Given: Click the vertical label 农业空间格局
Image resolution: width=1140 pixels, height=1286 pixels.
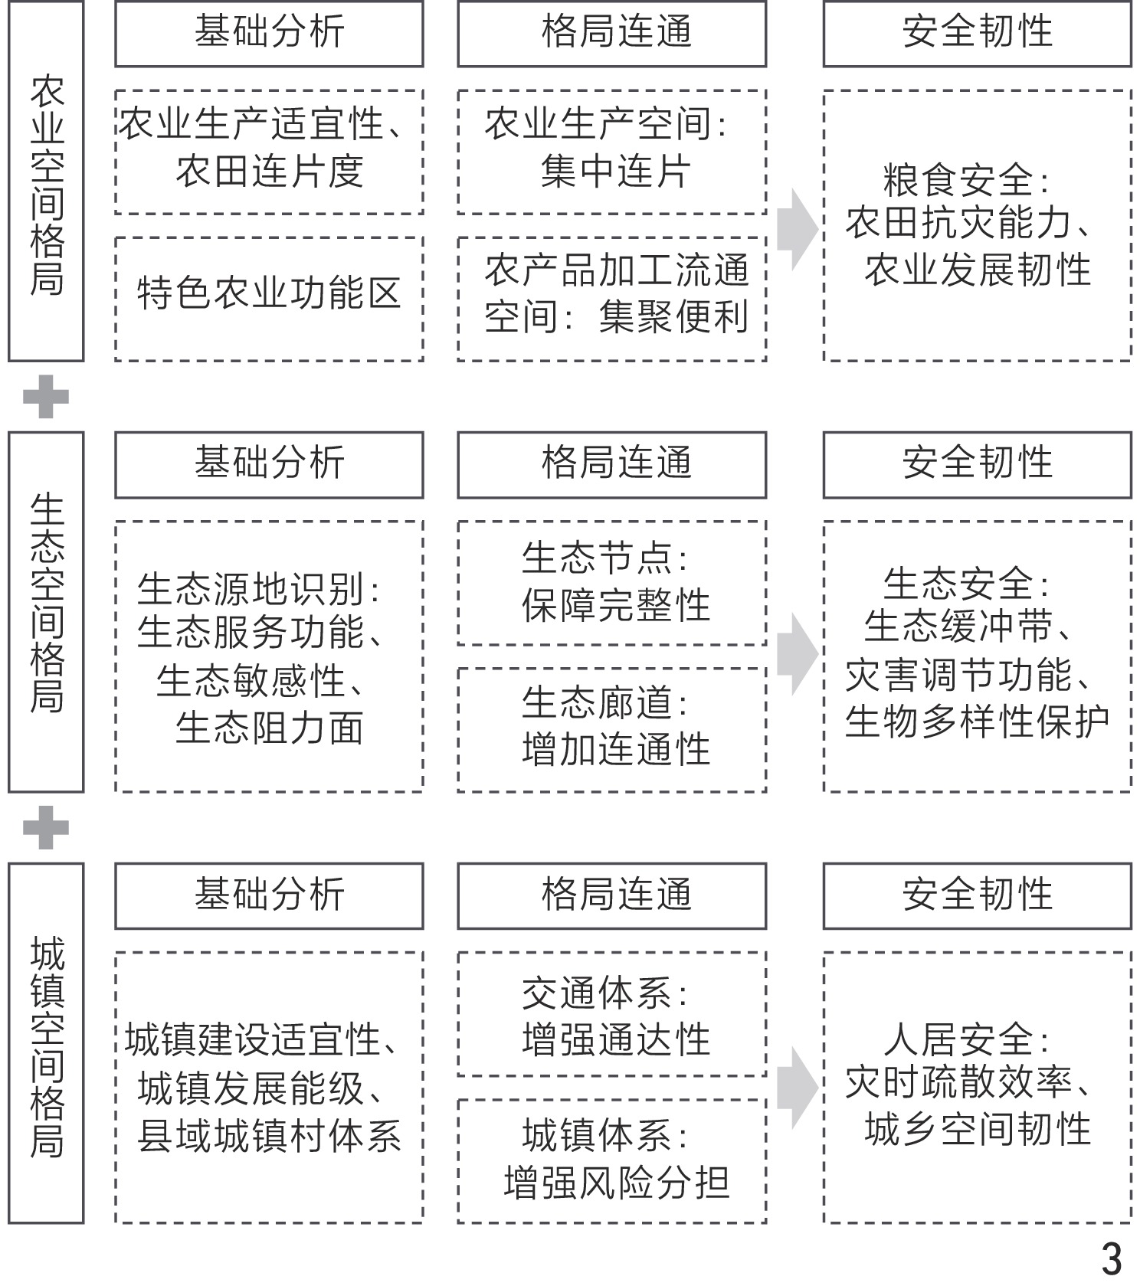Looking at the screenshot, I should pos(46,182).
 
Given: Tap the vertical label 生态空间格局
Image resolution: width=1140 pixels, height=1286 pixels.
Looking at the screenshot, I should pos(46,611).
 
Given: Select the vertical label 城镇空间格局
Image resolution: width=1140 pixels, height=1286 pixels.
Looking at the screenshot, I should pos(46,1043).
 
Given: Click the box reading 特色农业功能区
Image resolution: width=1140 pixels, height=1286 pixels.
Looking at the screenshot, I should pos(269,299).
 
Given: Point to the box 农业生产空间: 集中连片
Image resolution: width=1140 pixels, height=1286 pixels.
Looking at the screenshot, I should pos(611,152).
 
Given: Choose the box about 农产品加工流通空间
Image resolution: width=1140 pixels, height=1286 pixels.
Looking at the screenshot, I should pos(611,299).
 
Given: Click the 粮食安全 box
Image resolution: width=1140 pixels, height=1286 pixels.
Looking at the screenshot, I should pos(977,225).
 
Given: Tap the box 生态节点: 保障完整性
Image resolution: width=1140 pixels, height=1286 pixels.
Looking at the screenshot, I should pos(611,583).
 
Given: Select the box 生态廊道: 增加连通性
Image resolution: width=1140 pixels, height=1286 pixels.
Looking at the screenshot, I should pos(611,729).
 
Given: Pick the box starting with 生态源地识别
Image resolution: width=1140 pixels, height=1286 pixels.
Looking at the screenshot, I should pos(269,656).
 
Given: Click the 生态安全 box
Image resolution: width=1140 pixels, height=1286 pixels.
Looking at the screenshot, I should pos(977,656).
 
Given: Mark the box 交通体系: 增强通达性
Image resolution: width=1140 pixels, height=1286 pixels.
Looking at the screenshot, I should pos(611,1014).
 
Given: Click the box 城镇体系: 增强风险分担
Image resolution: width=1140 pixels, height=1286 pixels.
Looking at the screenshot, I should pos(611,1161).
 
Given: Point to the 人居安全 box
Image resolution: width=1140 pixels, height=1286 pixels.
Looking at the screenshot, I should pos(977,1088).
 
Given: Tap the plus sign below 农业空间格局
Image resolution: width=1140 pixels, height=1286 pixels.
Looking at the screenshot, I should pos(46,397).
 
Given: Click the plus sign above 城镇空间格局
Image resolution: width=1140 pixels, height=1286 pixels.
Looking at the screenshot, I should pos(46,827).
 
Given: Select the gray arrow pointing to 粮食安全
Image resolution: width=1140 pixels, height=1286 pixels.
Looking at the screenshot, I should pos(796,229).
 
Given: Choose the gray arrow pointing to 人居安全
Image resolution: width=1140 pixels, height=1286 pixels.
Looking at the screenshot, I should pos(796,1089).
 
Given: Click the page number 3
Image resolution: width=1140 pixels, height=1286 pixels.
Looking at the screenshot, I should pos(1110,1258).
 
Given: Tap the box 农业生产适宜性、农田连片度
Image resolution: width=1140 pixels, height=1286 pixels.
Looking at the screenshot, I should pos(269,152).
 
